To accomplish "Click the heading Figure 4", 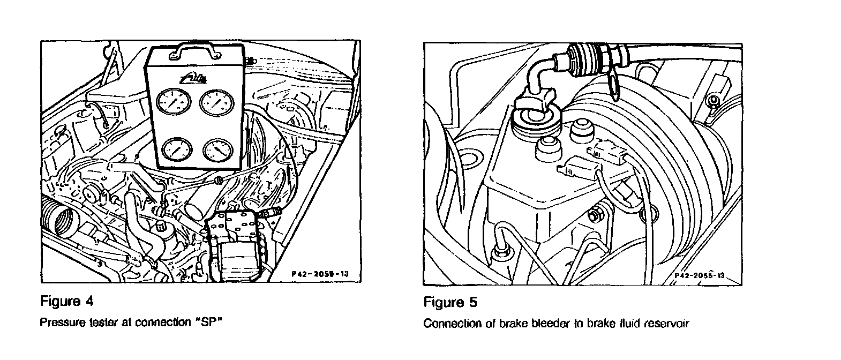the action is [67, 302].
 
